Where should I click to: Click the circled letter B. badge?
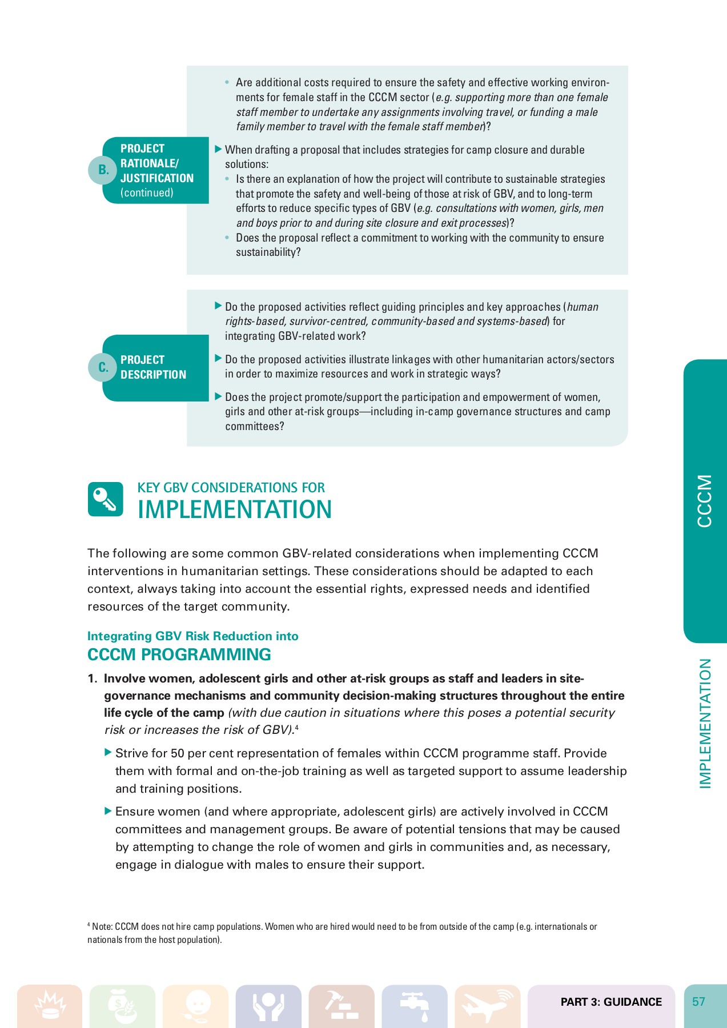(x=103, y=170)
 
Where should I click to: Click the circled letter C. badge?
(x=103, y=367)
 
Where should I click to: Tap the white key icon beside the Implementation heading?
(x=105, y=499)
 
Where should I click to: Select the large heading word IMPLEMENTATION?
(x=234, y=509)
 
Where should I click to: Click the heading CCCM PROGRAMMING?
(x=179, y=654)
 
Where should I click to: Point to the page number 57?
(x=698, y=1002)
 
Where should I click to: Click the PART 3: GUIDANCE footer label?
(x=611, y=1002)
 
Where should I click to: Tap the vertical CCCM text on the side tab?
(x=705, y=501)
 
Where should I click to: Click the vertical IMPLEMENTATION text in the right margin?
(x=705, y=724)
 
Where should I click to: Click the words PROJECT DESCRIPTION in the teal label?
(x=153, y=367)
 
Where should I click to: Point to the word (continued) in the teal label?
(x=147, y=193)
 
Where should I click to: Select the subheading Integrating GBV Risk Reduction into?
(x=192, y=636)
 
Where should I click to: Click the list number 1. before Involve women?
(x=93, y=678)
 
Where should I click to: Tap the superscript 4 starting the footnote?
(x=89, y=924)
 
